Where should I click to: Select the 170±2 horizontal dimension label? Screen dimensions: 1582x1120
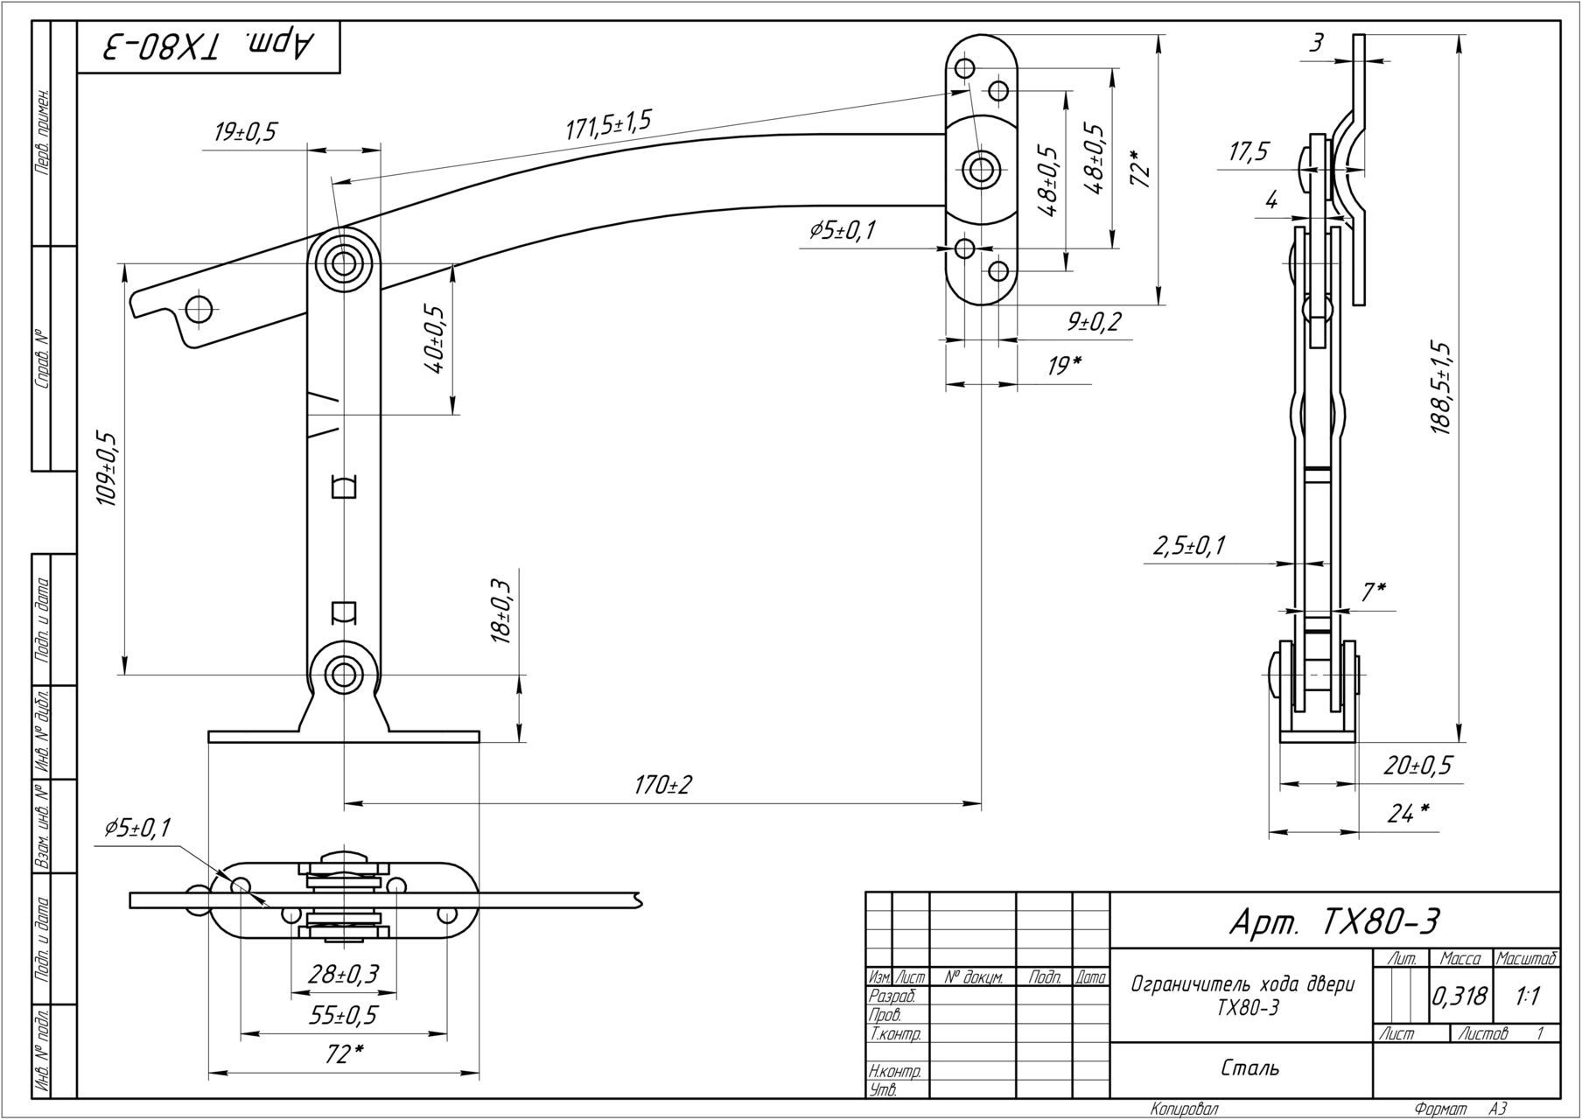pyautogui.click(x=662, y=785)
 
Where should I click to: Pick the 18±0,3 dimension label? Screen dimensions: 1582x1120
pyautogui.click(x=501, y=612)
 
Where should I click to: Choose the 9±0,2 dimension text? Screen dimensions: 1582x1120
pyautogui.click(x=1094, y=322)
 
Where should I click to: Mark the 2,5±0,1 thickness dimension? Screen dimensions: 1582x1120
pyautogui.click(x=1189, y=546)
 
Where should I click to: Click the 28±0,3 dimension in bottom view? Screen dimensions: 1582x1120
pyautogui.click(x=343, y=974)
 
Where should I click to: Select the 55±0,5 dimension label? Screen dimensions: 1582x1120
pyautogui.click(x=343, y=1015)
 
